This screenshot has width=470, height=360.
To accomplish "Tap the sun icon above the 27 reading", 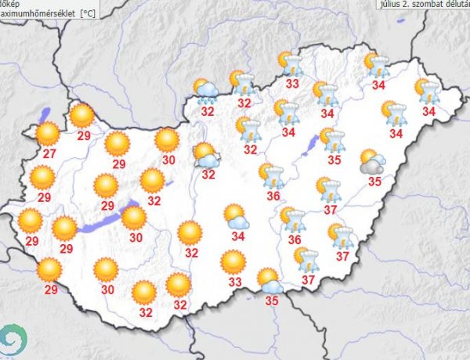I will (x=48, y=133).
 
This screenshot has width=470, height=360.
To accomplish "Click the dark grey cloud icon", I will (x=372, y=162).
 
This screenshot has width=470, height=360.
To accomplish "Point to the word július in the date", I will (x=388, y=5).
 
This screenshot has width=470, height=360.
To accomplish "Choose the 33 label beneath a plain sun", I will (x=233, y=282).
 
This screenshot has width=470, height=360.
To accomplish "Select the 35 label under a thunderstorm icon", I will (x=334, y=160).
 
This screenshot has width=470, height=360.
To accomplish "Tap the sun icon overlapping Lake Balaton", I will (x=134, y=218).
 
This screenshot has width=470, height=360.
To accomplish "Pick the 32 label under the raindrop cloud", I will (x=208, y=111).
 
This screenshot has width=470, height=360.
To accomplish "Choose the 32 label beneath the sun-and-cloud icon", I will (x=208, y=175).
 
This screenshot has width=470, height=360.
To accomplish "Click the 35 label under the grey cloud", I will (x=374, y=182).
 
